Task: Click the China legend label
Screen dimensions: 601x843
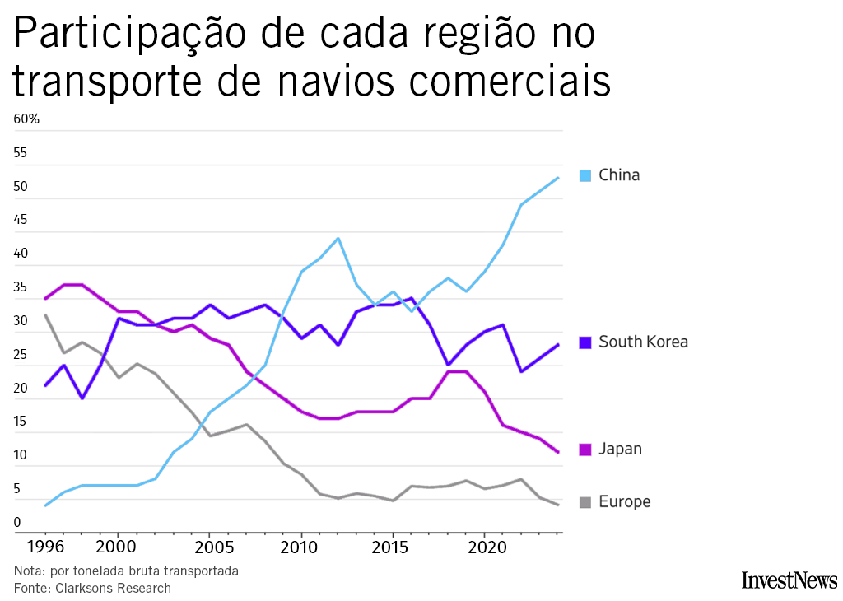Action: (619, 175)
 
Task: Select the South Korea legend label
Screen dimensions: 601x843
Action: (643, 342)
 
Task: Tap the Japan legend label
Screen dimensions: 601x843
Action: (621, 449)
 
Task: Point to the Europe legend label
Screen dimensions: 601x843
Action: (624, 501)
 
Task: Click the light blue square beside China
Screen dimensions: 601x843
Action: (585, 175)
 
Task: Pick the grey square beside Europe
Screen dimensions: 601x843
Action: (585, 502)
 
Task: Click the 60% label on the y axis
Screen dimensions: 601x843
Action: (26, 119)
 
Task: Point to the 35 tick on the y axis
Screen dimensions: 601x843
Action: (21, 287)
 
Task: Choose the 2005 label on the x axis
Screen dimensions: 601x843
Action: (210, 547)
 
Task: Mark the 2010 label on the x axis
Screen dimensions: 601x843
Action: (300, 547)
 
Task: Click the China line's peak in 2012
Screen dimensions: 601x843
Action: (338, 239)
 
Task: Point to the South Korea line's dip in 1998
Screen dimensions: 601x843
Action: (82, 398)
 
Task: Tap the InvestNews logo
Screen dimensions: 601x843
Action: (789, 580)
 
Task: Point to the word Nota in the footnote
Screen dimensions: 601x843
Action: (28, 571)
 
